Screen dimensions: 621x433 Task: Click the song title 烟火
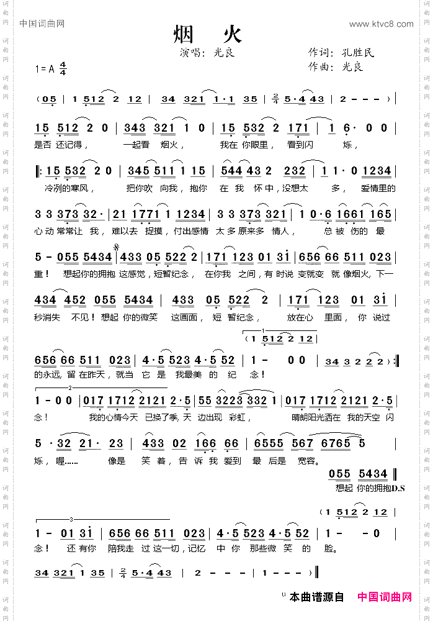[x=208, y=34]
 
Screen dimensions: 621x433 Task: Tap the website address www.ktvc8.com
[x=381, y=24]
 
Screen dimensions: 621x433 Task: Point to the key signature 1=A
[x=45, y=69]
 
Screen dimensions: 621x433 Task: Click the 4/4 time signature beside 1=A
[x=63, y=69]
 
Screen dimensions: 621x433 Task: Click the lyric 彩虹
[x=238, y=417]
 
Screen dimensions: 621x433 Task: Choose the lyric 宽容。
[x=308, y=461]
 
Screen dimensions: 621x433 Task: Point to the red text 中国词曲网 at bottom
[x=385, y=597]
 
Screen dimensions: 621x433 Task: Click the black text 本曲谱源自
[x=316, y=597]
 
